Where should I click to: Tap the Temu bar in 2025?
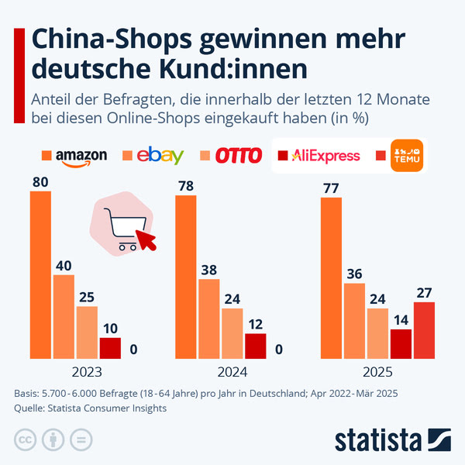pyautogui.click(x=424, y=330)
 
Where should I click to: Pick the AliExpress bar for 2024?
pyautogui.click(x=255, y=346)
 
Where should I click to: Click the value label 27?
pyautogui.click(x=424, y=292)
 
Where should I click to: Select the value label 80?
pyautogui.click(x=40, y=181)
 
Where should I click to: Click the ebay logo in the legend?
pyautogui.click(x=160, y=156)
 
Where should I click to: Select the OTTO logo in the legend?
pyautogui.click(x=238, y=156)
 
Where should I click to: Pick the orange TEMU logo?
pyautogui.click(x=408, y=154)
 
